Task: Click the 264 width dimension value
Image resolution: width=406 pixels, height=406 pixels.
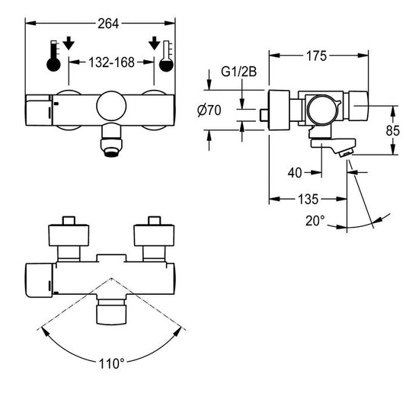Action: pos(108,24)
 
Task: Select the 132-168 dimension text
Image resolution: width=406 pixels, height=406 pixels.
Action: pos(111,62)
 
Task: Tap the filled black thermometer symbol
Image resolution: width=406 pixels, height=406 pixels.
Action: pos(53,56)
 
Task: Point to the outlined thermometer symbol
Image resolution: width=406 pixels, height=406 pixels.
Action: pos(166,56)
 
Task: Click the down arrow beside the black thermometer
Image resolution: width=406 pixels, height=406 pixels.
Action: pos(69,43)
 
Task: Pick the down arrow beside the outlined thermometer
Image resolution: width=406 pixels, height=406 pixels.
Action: pos(155,43)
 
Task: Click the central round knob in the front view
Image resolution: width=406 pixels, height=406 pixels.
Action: pos(111,106)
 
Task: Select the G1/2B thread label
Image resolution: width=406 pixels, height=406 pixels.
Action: pos(238,72)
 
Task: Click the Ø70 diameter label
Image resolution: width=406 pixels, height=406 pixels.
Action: pos(209,110)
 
